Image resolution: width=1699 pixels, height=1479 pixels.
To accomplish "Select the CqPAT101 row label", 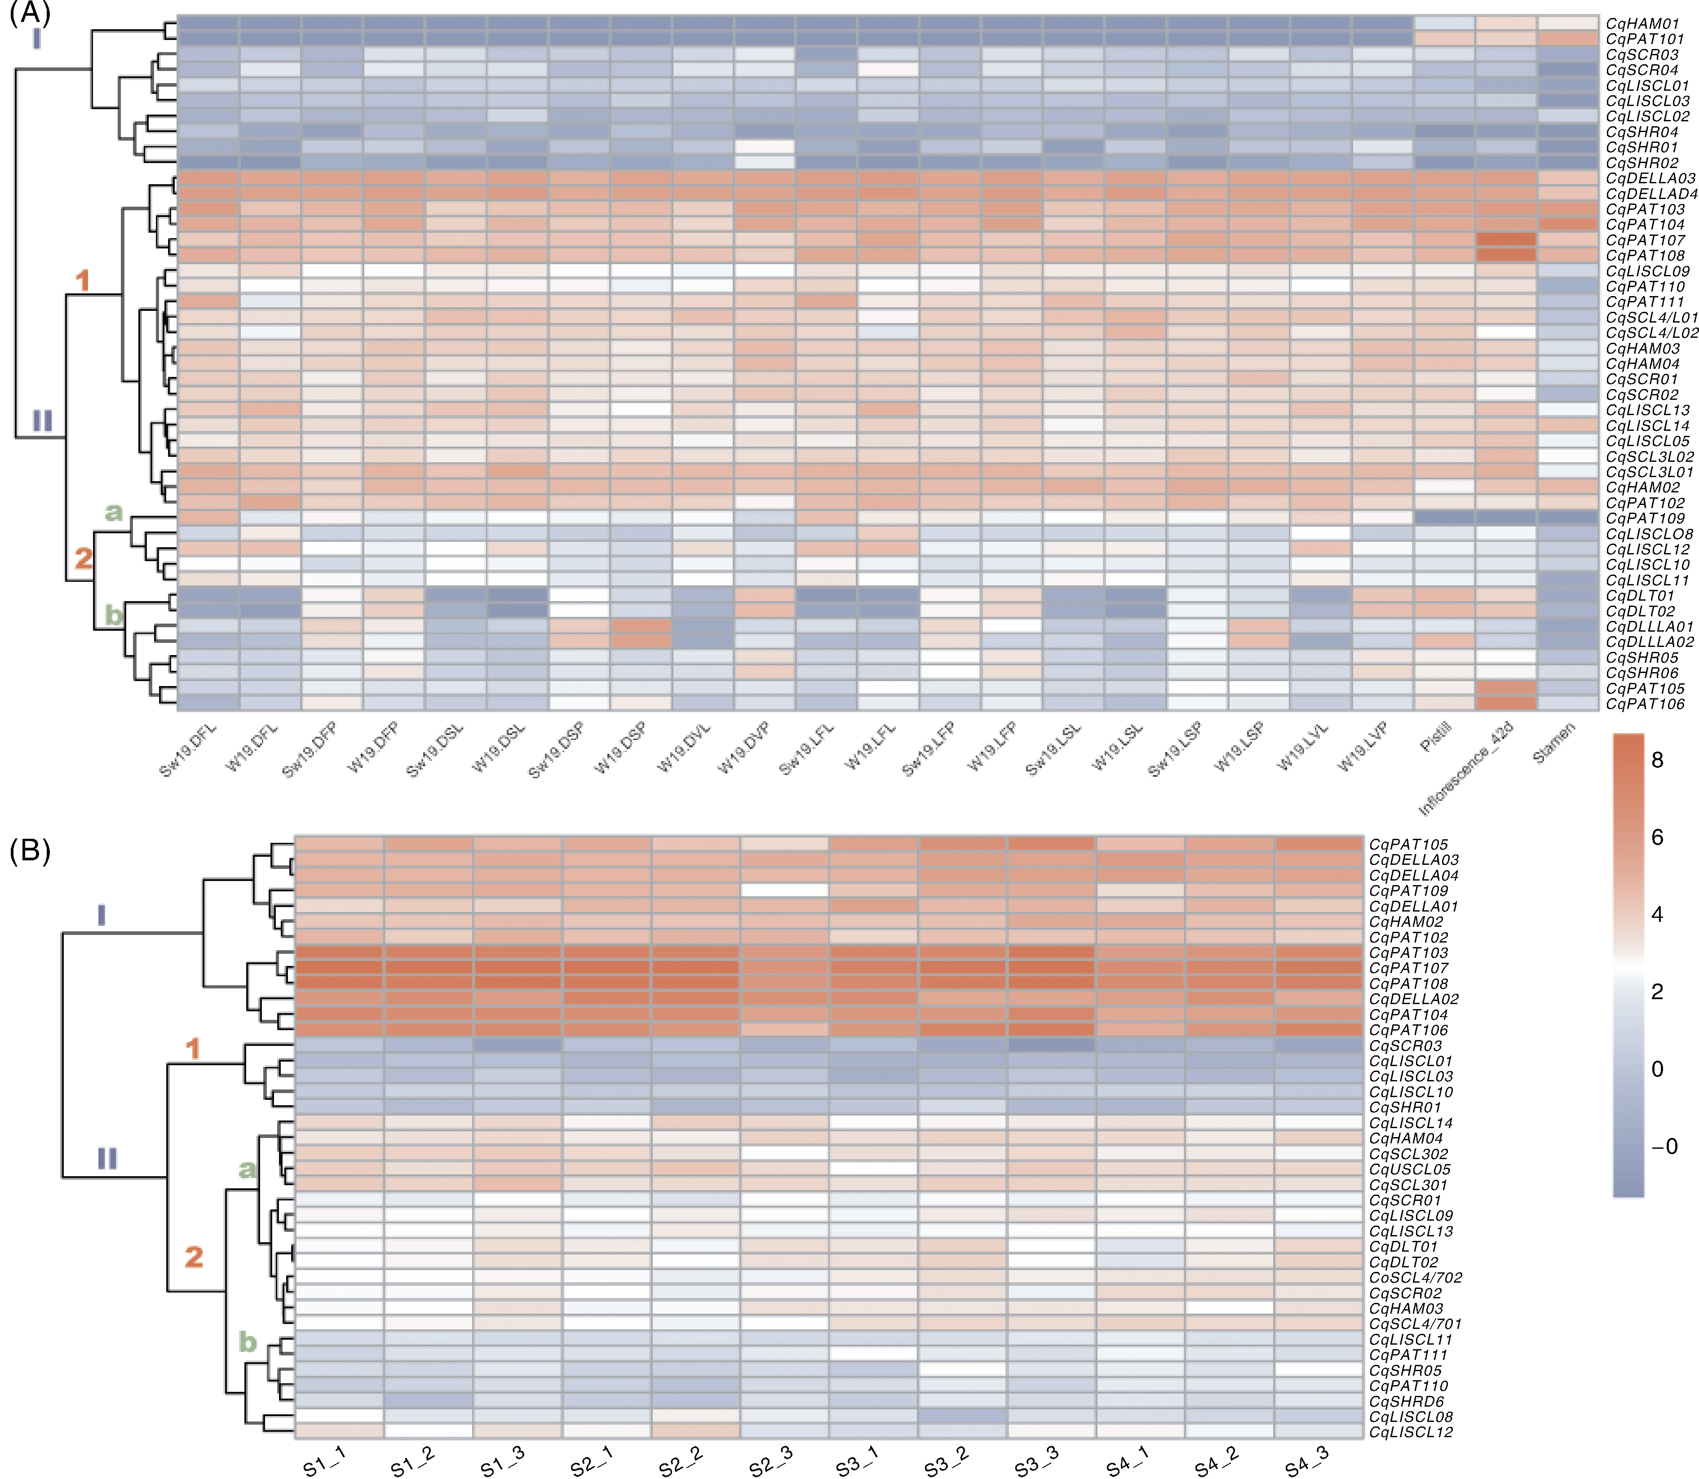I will [1644, 39].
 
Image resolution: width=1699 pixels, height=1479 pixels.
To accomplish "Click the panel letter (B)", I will [30, 850].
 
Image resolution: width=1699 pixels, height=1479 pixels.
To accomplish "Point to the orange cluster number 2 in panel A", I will [84, 559].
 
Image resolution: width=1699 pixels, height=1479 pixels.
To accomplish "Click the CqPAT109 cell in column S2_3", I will [784, 890].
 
